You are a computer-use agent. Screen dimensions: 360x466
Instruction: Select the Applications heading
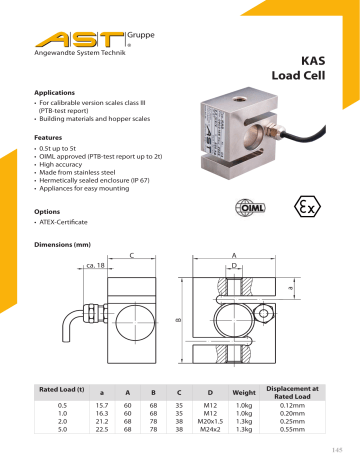56,91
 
